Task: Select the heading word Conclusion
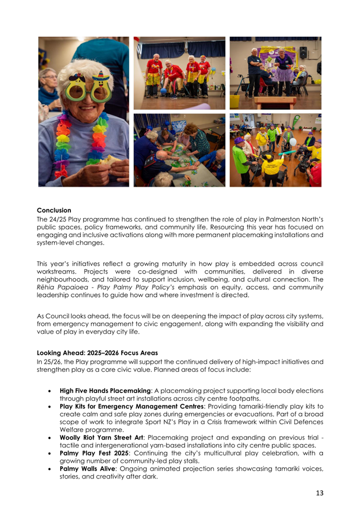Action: click(x=54, y=210)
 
